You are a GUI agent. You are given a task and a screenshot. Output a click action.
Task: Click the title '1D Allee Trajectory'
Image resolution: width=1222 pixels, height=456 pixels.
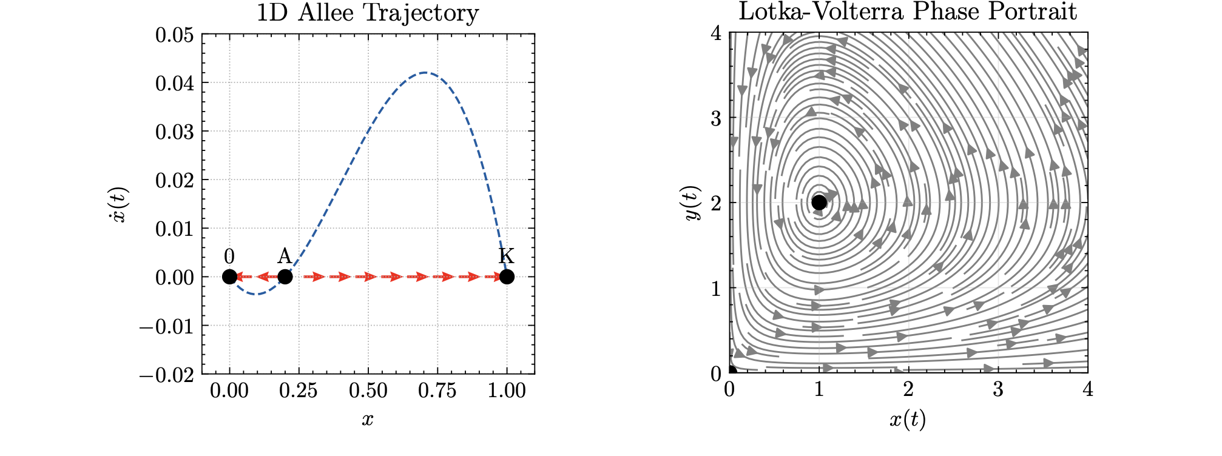pyautogui.click(x=368, y=13)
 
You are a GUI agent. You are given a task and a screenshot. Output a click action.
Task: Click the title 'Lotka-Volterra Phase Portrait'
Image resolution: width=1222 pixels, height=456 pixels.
pyautogui.click(x=908, y=12)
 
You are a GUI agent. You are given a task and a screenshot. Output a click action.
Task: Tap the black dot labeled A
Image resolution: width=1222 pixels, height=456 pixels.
pyautogui.click(x=285, y=277)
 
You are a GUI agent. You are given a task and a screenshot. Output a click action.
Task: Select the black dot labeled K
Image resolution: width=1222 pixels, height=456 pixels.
pyautogui.click(x=507, y=277)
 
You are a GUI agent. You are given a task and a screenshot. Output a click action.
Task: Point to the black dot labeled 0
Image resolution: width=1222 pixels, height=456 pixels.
pyautogui.click(x=229, y=277)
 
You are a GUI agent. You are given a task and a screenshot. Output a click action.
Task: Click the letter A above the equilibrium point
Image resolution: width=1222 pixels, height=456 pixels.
pyautogui.click(x=285, y=256)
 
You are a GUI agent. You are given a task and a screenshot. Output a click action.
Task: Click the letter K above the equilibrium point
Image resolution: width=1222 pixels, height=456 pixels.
pyautogui.click(x=507, y=256)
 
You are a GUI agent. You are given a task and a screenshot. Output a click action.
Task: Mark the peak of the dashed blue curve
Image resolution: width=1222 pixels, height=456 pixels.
pyautogui.click(x=425, y=73)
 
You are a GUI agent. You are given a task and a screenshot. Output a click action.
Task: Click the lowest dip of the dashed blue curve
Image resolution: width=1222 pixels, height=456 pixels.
pyautogui.click(x=256, y=294)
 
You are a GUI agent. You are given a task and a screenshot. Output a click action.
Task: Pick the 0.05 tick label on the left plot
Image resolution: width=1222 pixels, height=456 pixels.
pyautogui.click(x=175, y=35)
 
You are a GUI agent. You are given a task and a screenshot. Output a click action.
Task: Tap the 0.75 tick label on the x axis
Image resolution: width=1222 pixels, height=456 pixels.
pyautogui.click(x=437, y=391)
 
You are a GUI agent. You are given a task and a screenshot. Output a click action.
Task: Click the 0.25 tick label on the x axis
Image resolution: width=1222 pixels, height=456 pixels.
pyautogui.click(x=298, y=391)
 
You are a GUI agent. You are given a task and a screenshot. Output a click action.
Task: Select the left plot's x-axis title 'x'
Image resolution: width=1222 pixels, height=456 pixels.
pyautogui.click(x=368, y=419)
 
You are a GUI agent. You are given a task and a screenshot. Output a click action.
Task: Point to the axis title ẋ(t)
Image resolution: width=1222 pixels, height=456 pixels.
pyautogui.click(x=120, y=204)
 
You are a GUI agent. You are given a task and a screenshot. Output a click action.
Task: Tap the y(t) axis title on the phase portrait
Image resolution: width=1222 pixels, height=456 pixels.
pyautogui.click(x=693, y=204)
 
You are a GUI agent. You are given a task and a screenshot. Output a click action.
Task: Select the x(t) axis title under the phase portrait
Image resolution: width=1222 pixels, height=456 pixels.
pyautogui.click(x=908, y=419)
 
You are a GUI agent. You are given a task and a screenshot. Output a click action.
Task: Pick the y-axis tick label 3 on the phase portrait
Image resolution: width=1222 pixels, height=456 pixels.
pyautogui.click(x=717, y=118)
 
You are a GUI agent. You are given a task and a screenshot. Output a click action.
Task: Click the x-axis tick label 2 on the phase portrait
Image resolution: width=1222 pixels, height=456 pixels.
pyautogui.click(x=908, y=390)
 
